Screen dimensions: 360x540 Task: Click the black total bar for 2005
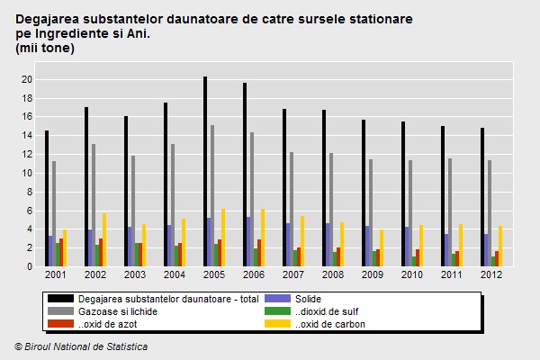click(205, 171)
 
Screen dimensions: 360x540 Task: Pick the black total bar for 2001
click(47, 198)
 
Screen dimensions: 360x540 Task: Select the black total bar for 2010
click(403, 193)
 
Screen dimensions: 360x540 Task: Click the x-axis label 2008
click(332, 274)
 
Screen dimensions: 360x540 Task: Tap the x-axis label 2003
click(134, 274)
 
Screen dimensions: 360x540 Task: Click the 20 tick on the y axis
click(27, 79)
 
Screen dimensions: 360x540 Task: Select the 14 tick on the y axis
click(27, 136)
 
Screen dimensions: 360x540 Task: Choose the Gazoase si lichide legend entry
click(118, 311)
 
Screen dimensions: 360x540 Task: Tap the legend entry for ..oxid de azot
click(105, 324)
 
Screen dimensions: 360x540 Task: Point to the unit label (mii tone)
click(45, 48)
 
